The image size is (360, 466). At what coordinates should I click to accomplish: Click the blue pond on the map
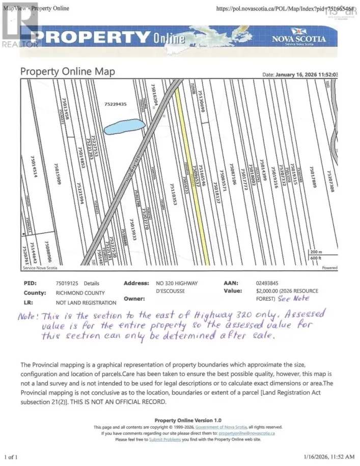click(x=123, y=126)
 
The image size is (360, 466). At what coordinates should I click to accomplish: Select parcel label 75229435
click(x=115, y=104)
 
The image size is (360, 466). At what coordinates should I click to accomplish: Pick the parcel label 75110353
click(x=173, y=201)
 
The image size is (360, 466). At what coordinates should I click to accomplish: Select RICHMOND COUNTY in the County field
click(x=80, y=293)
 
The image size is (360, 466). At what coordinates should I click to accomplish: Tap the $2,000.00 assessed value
click(x=263, y=291)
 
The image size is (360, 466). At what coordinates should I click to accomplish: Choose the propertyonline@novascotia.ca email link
click(x=246, y=433)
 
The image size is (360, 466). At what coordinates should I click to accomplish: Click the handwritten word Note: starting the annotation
click(x=29, y=316)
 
